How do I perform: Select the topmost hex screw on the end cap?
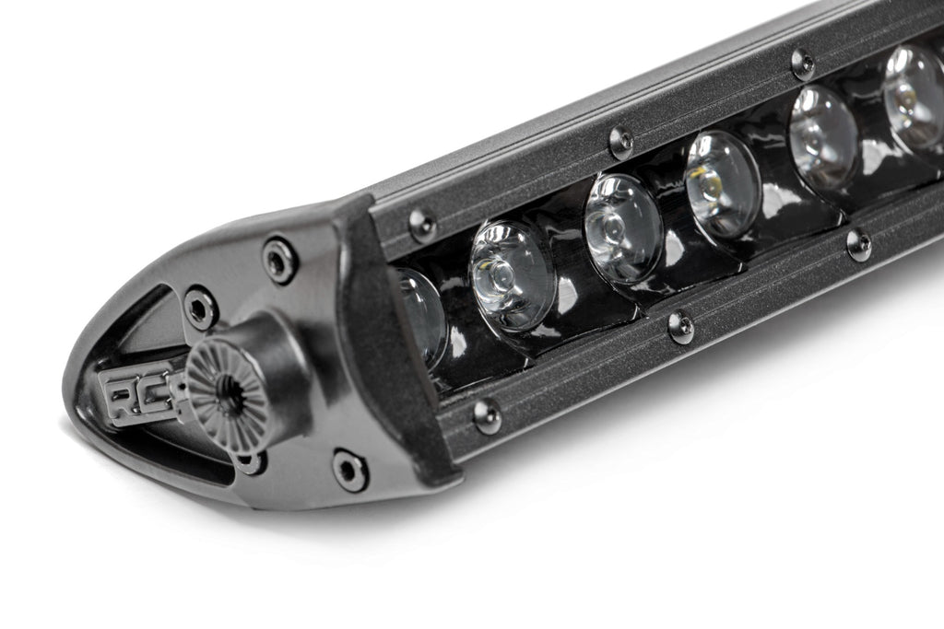tap(279, 260)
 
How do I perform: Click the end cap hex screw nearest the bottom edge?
tap(349, 470)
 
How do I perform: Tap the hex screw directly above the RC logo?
tap(200, 307)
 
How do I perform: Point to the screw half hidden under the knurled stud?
tap(249, 460)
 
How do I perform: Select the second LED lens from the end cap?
tap(510, 274)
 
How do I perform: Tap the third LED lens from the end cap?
tap(621, 227)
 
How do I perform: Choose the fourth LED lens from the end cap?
tap(722, 181)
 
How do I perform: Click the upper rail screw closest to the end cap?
tap(422, 224)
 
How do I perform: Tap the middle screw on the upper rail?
tap(621, 141)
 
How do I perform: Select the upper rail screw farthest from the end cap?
tap(802, 64)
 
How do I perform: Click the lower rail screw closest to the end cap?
tap(487, 415)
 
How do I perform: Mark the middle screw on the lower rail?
tap(680, 327)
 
